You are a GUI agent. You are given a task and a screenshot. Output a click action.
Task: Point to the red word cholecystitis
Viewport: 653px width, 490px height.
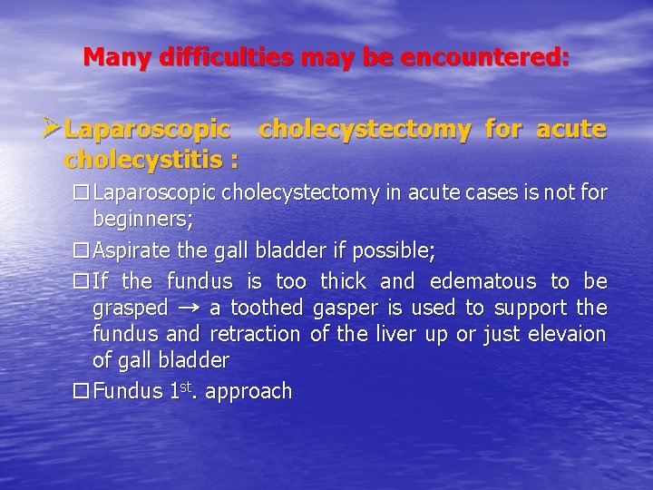pos(146,160)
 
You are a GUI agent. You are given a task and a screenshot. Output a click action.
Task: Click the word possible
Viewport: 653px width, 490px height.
pos(388,250)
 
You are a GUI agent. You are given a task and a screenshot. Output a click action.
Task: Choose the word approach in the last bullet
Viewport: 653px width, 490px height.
pos(252,392)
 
